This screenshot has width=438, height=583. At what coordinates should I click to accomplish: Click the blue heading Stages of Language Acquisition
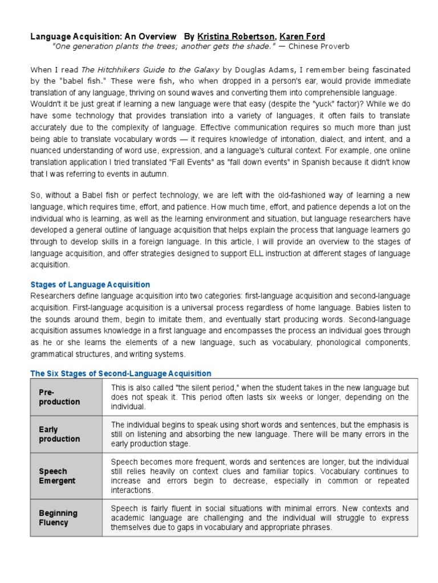[90, 285]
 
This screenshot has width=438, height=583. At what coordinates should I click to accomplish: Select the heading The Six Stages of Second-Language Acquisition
[120, 373]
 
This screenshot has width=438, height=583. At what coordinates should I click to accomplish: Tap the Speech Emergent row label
[53, 476]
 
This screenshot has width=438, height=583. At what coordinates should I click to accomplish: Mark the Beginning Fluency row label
[58, 518]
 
